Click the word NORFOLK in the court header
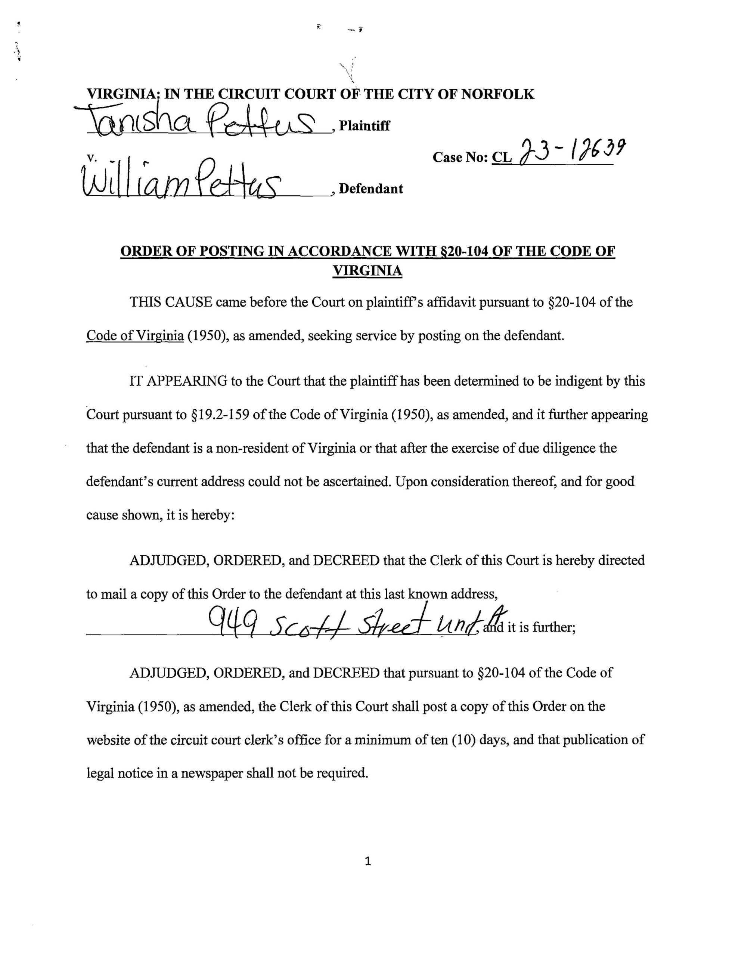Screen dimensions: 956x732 click(497, 94)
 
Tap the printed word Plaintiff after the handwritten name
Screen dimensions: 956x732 click(364, 126)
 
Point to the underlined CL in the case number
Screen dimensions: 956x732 click(502, 157)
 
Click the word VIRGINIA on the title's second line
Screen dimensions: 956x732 click(367, 271)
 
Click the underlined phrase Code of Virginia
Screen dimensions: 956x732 click(135, 336)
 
